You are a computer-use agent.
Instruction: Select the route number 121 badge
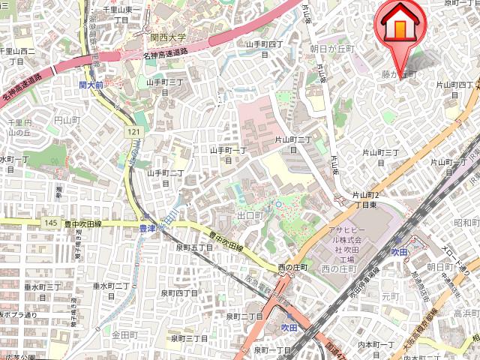pos(133,132)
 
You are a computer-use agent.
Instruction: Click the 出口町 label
pos(250,215)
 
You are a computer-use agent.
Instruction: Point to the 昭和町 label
pos(466,223)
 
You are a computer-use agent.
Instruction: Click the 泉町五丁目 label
pos(196,247)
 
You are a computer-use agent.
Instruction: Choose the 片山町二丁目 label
pos(292,144)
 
